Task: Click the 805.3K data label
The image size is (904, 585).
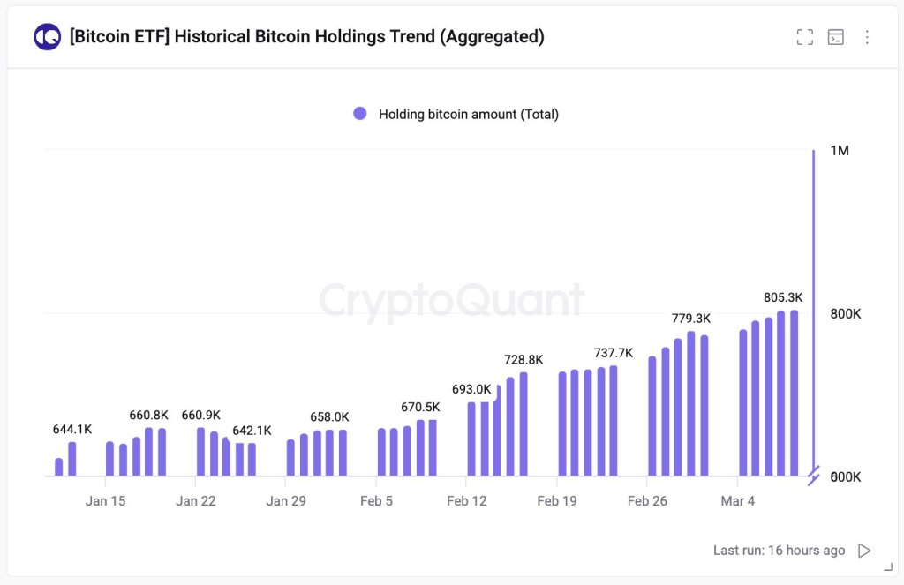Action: point(783,297)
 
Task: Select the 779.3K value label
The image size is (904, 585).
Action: point(690,318)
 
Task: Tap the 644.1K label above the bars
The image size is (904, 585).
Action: point(72,429)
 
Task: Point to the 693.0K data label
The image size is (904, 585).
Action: point(471,389)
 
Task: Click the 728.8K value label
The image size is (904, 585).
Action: point(524,359)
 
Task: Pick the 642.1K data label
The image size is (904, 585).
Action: point(252,431)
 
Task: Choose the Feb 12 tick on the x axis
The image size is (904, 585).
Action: point(466,501)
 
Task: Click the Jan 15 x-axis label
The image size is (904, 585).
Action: point(105,501)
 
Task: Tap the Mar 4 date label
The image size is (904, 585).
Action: point(738,501)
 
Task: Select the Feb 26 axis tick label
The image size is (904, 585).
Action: point(647,501)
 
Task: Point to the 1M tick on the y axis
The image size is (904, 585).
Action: point(840,151)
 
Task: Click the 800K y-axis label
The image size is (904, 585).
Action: point(845,314)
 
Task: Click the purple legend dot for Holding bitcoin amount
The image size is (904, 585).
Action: point(360,114)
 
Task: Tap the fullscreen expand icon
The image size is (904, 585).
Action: point(804,37)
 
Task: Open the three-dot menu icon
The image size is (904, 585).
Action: point(867,37)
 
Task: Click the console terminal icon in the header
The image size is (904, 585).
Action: point(835,37)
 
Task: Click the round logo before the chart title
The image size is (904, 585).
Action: point(47,37)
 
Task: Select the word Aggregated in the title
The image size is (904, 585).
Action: point(495,37)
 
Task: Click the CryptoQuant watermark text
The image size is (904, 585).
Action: point(451,300)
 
